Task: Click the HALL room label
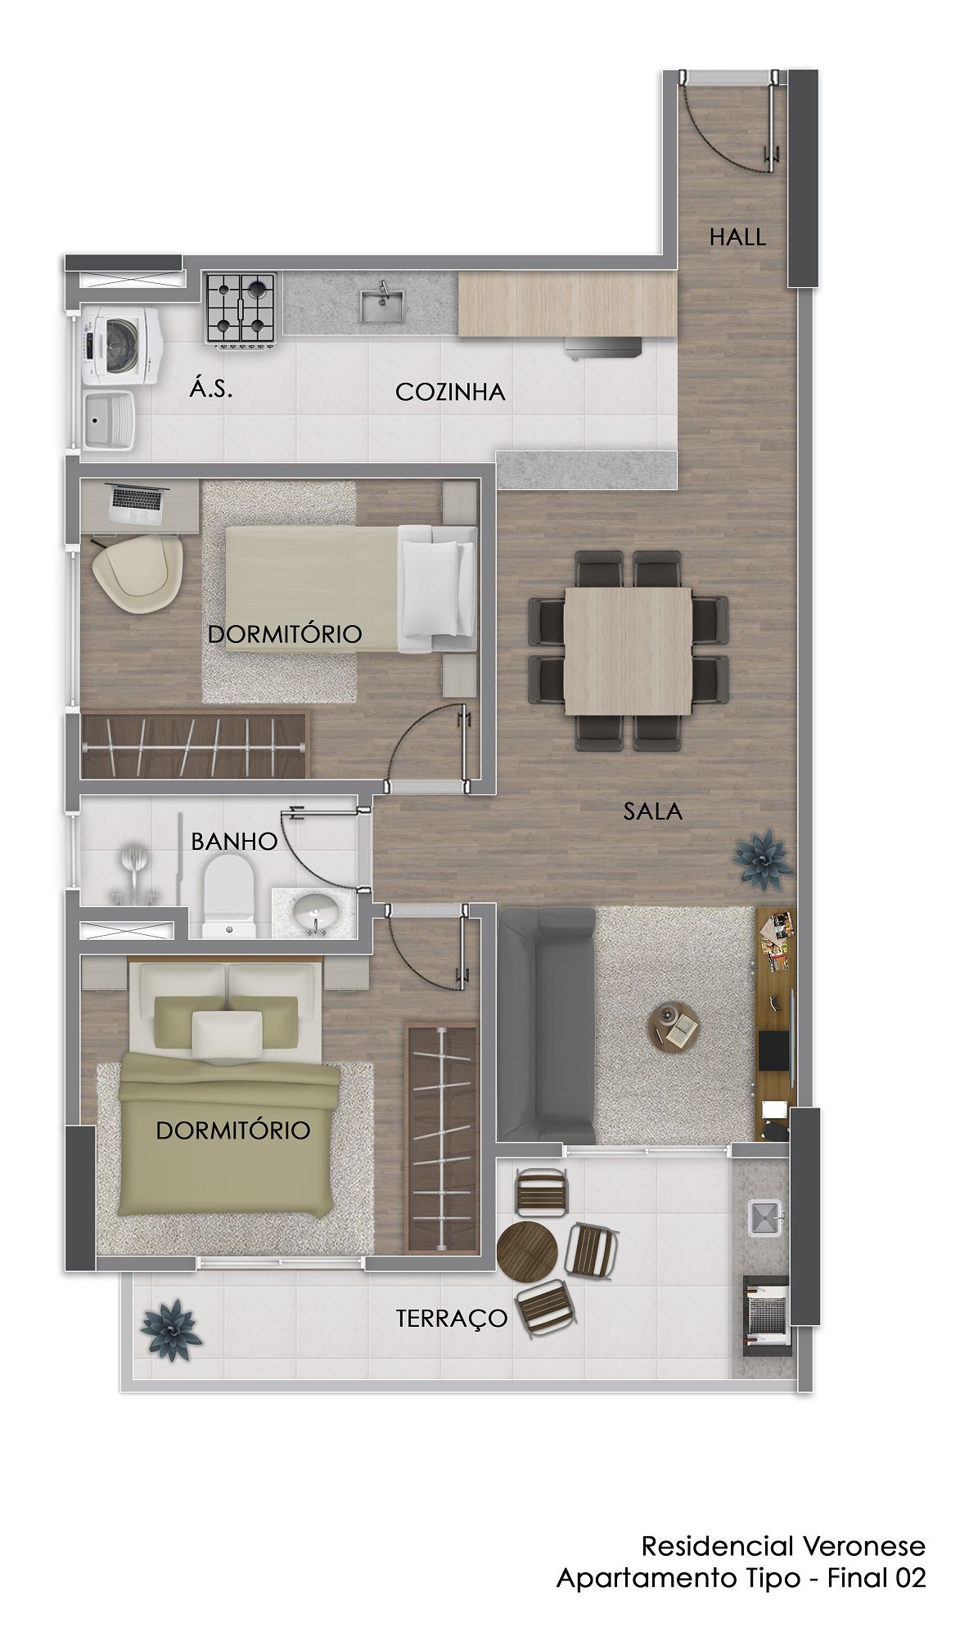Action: tap(737, 237)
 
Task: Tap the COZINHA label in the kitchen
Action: tap(450, 393)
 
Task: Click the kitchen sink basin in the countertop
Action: tap(381, 303)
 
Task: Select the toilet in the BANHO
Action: tap(228, 897)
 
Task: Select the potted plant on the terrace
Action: tap(171, 1330)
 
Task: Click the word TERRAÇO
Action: tap(452, 1318)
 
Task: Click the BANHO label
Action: tap(234, 841)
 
